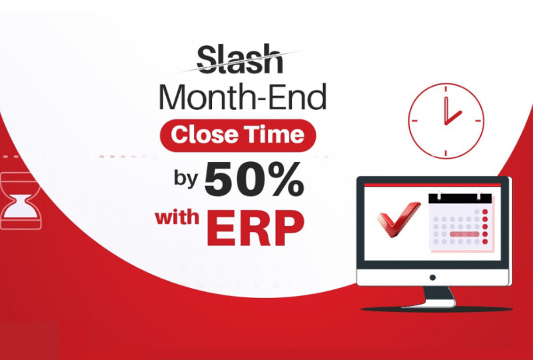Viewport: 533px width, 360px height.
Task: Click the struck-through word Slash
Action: [x=240, y=59]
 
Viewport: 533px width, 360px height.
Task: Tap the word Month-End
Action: [x=243, y=97]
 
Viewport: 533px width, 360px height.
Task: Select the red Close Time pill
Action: [x=238, y=135]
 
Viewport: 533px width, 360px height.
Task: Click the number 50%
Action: [x=254, y=179]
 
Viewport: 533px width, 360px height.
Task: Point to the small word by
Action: [x=186, y=178]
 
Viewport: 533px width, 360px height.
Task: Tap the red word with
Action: [x=177, y=217]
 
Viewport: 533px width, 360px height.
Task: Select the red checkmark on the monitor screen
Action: [x=398, y=219]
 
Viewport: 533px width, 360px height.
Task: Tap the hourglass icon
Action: [x=21, y=200]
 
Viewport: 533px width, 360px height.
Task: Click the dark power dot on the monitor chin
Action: [x=432, y=277]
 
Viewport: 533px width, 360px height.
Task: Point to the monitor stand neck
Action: [x=438, y=294]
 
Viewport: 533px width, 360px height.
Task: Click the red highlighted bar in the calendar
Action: [x=464, y=234]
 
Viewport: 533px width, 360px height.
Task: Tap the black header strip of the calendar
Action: [x=460, y=199]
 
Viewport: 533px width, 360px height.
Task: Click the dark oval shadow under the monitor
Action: [x=436, y=309]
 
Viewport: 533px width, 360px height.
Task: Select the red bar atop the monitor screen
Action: [x=432, y=185]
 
